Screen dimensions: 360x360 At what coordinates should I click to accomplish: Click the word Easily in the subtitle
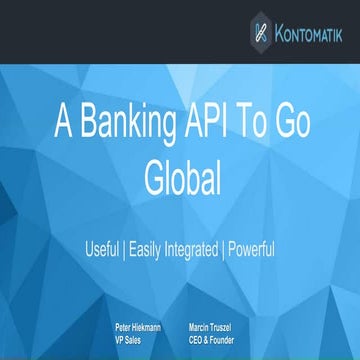coord(145,247)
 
